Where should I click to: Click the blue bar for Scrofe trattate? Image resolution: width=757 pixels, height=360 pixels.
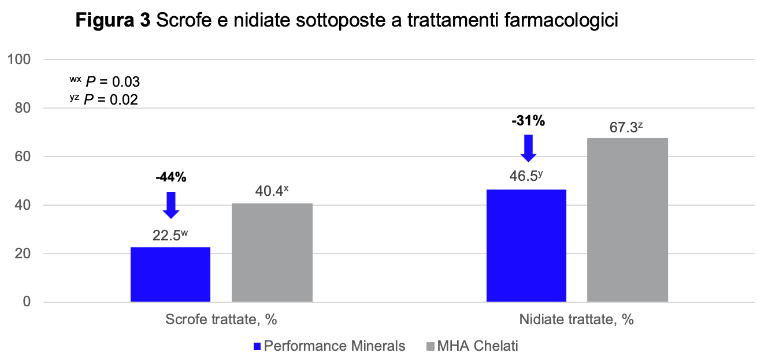170,274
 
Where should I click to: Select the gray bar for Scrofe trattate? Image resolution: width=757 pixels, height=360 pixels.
272,253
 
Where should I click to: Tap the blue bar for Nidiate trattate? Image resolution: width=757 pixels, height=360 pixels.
526,246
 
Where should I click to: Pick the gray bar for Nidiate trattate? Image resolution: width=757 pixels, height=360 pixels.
628,220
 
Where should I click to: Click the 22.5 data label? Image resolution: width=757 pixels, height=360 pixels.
170,236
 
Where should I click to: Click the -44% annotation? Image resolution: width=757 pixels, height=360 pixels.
171,177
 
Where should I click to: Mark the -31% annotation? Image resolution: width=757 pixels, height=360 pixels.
528,121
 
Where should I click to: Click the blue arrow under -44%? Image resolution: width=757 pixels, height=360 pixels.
171,205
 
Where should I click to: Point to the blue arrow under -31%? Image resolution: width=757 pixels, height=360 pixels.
528,148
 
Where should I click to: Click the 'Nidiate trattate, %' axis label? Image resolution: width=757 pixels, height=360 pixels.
576,320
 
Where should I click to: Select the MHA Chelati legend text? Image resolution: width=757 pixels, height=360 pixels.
478,347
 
